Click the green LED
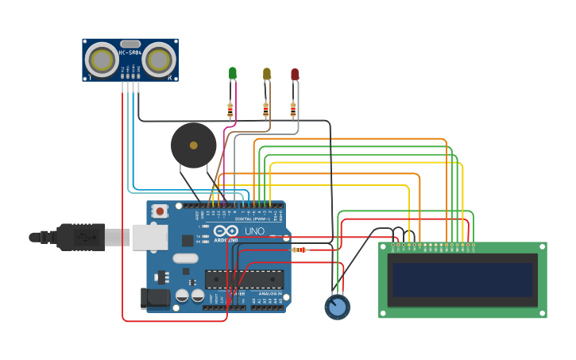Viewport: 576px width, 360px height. tap(232, 73)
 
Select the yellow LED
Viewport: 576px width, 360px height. tap(266, 74)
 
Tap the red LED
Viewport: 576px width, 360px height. tap(294, 74)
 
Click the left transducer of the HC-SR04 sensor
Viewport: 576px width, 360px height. tap(102, 60)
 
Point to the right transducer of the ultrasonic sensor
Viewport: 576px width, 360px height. tap(159, 60)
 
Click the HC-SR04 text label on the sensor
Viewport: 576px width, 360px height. tap(130, 52)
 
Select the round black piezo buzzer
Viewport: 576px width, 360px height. tap(193, 145)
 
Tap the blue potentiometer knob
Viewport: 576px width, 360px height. tap(337, 307)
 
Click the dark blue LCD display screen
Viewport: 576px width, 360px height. tap(462, 279)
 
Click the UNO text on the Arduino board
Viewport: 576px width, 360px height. tap(254, 231)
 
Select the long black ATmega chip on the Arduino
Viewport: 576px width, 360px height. tap(244, 279)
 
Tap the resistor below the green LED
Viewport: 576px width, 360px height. tap(230, 110)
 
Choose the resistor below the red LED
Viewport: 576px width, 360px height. tap(293, 110)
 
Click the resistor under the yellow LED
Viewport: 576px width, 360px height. tap(265, 110)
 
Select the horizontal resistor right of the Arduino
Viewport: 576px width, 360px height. tap(300, 250)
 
